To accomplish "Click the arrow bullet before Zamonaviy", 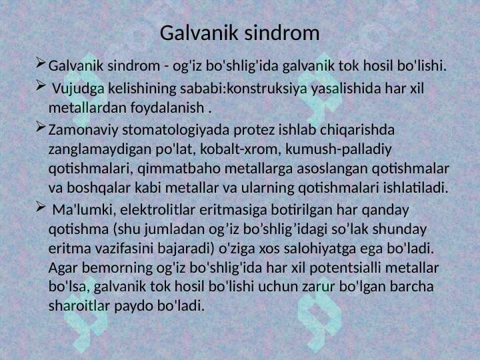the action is (41, 127).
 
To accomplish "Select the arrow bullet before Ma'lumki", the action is (41, 207).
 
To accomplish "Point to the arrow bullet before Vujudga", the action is (41, 85).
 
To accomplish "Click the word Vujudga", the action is (79, 89).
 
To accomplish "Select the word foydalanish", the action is (167, 107).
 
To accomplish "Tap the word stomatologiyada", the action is (176, 130).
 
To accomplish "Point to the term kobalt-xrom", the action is (241, 149).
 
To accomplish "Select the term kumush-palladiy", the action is (339, 149).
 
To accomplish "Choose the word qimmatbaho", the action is (179, 169).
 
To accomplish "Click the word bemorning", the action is (117, 268).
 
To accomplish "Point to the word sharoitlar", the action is (79, 306).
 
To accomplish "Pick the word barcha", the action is (412, 287).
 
